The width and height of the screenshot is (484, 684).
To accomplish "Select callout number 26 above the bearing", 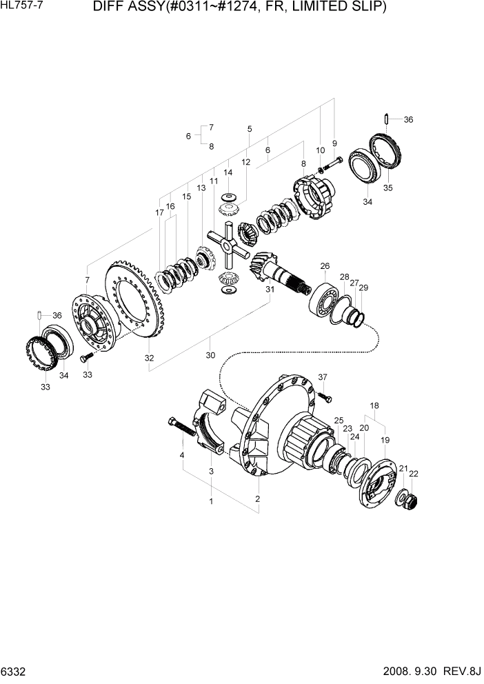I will [x=325, y=265].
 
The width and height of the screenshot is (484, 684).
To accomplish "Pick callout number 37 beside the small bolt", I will [x=323, y=376].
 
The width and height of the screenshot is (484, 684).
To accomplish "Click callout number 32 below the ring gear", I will [x=149, y=358].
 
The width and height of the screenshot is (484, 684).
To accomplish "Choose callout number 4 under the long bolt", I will [x=182, y=456].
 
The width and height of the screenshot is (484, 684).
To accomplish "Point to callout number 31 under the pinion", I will [x=270, y=290].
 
